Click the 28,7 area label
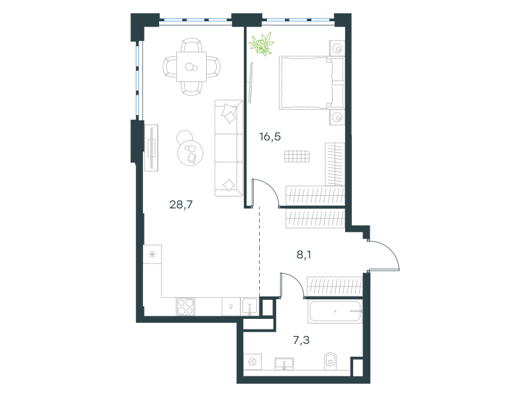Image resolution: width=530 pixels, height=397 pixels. [181, 204]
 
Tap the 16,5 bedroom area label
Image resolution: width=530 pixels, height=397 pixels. [270, 137]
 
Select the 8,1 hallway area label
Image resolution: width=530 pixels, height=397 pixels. [304, 255]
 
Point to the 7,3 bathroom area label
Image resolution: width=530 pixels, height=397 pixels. [301, 340]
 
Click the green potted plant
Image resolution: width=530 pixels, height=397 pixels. [261, 44]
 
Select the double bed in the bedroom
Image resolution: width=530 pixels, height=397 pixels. [311, 83]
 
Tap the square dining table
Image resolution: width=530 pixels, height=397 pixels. [191, 67]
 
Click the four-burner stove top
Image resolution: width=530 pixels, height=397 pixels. [185, 307]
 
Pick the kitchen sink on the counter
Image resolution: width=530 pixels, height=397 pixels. [250, 307]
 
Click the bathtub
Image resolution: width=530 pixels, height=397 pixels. [335, 311]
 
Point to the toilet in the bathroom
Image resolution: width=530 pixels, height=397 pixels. [330, 361]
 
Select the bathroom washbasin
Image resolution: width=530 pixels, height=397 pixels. [284, 364]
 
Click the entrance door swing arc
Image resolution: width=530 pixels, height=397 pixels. [392, 250]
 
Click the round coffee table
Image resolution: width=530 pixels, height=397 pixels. [190, 153]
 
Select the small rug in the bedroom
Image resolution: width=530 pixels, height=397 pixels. [297, 156]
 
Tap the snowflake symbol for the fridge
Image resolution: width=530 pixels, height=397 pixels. [152, 254]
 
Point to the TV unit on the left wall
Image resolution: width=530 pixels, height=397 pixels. [152, 148]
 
